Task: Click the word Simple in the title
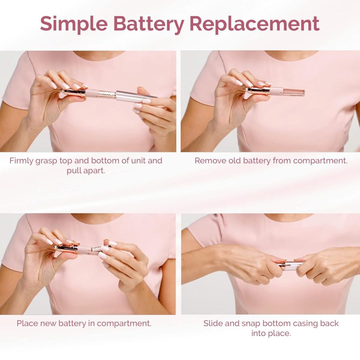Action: [x=74, y=24]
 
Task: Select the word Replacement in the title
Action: [x=254, y=24]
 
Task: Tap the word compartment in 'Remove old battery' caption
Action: [x=320, y=161]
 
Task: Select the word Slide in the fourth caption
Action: [x=214, y=323]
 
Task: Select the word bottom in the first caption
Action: [x=121, y=161]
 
